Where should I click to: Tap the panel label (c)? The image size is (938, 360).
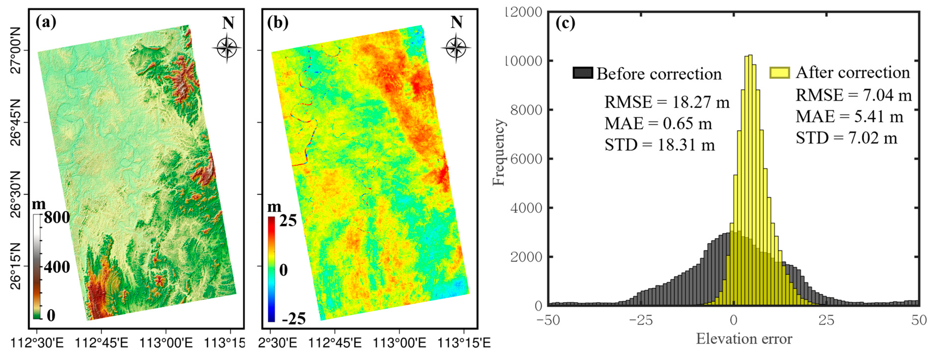[565, 23]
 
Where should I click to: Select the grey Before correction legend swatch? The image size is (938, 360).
[582, 73]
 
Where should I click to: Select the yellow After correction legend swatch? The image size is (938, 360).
[780, 72]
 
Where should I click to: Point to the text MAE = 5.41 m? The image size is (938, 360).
[849, 116]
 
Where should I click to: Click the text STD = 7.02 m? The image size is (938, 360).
[846, 138]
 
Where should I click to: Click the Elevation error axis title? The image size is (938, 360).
[744, 339]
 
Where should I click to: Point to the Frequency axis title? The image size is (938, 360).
[499, 153]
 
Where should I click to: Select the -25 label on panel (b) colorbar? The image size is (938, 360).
[294, 319]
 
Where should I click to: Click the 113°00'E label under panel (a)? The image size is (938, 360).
[166, 342]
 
